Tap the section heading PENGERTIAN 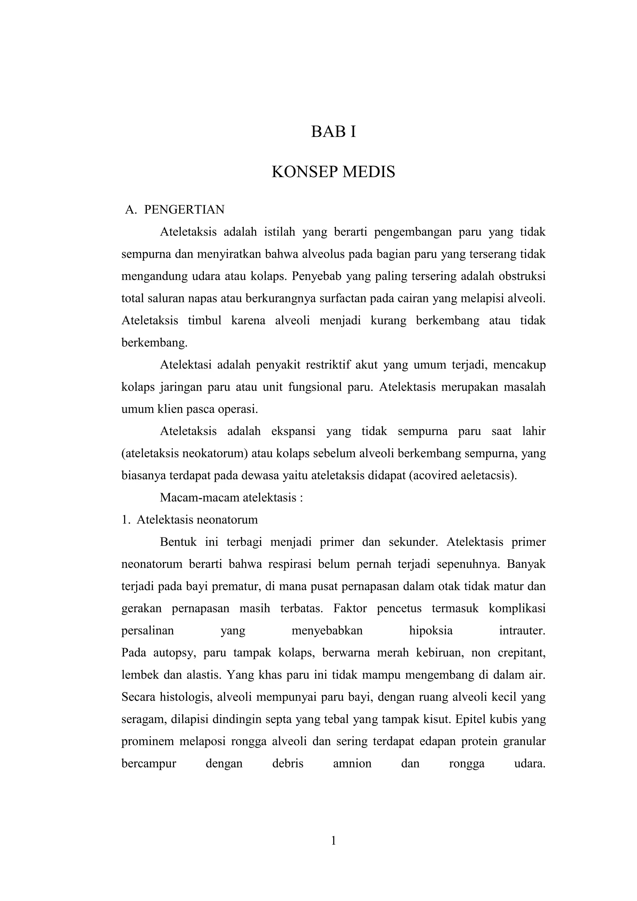[184, 210]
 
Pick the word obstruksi [522, 276]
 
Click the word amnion [352, 764]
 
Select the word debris [288, 764]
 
